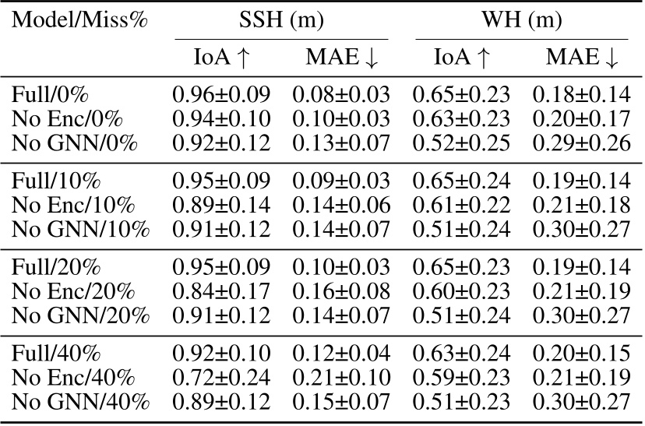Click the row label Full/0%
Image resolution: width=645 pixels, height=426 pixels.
[51, 96]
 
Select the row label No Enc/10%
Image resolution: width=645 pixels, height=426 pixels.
[73, 206]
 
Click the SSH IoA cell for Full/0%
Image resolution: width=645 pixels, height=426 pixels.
[221, 96]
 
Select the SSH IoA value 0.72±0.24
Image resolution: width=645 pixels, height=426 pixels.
[221, 378]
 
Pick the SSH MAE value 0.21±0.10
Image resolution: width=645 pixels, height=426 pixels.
[341, 378]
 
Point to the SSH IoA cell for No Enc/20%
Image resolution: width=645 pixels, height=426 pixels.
[221, 275]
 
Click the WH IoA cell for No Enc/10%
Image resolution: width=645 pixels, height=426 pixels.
[461, 206]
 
